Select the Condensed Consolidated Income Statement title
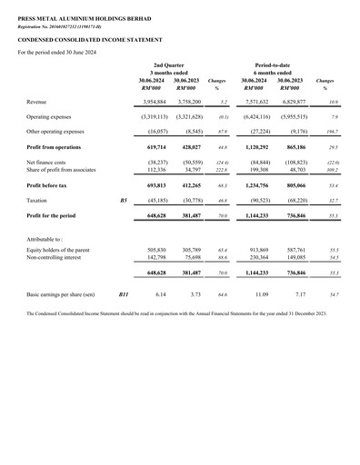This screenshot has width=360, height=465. [x=90, y=40]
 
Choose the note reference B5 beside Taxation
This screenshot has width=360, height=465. [x=124, y=199]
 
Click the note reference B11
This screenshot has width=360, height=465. [x=125, y=295]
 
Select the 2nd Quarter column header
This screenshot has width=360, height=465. [x=171, y=66]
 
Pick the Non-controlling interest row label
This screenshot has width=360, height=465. [x=55, y=257]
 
